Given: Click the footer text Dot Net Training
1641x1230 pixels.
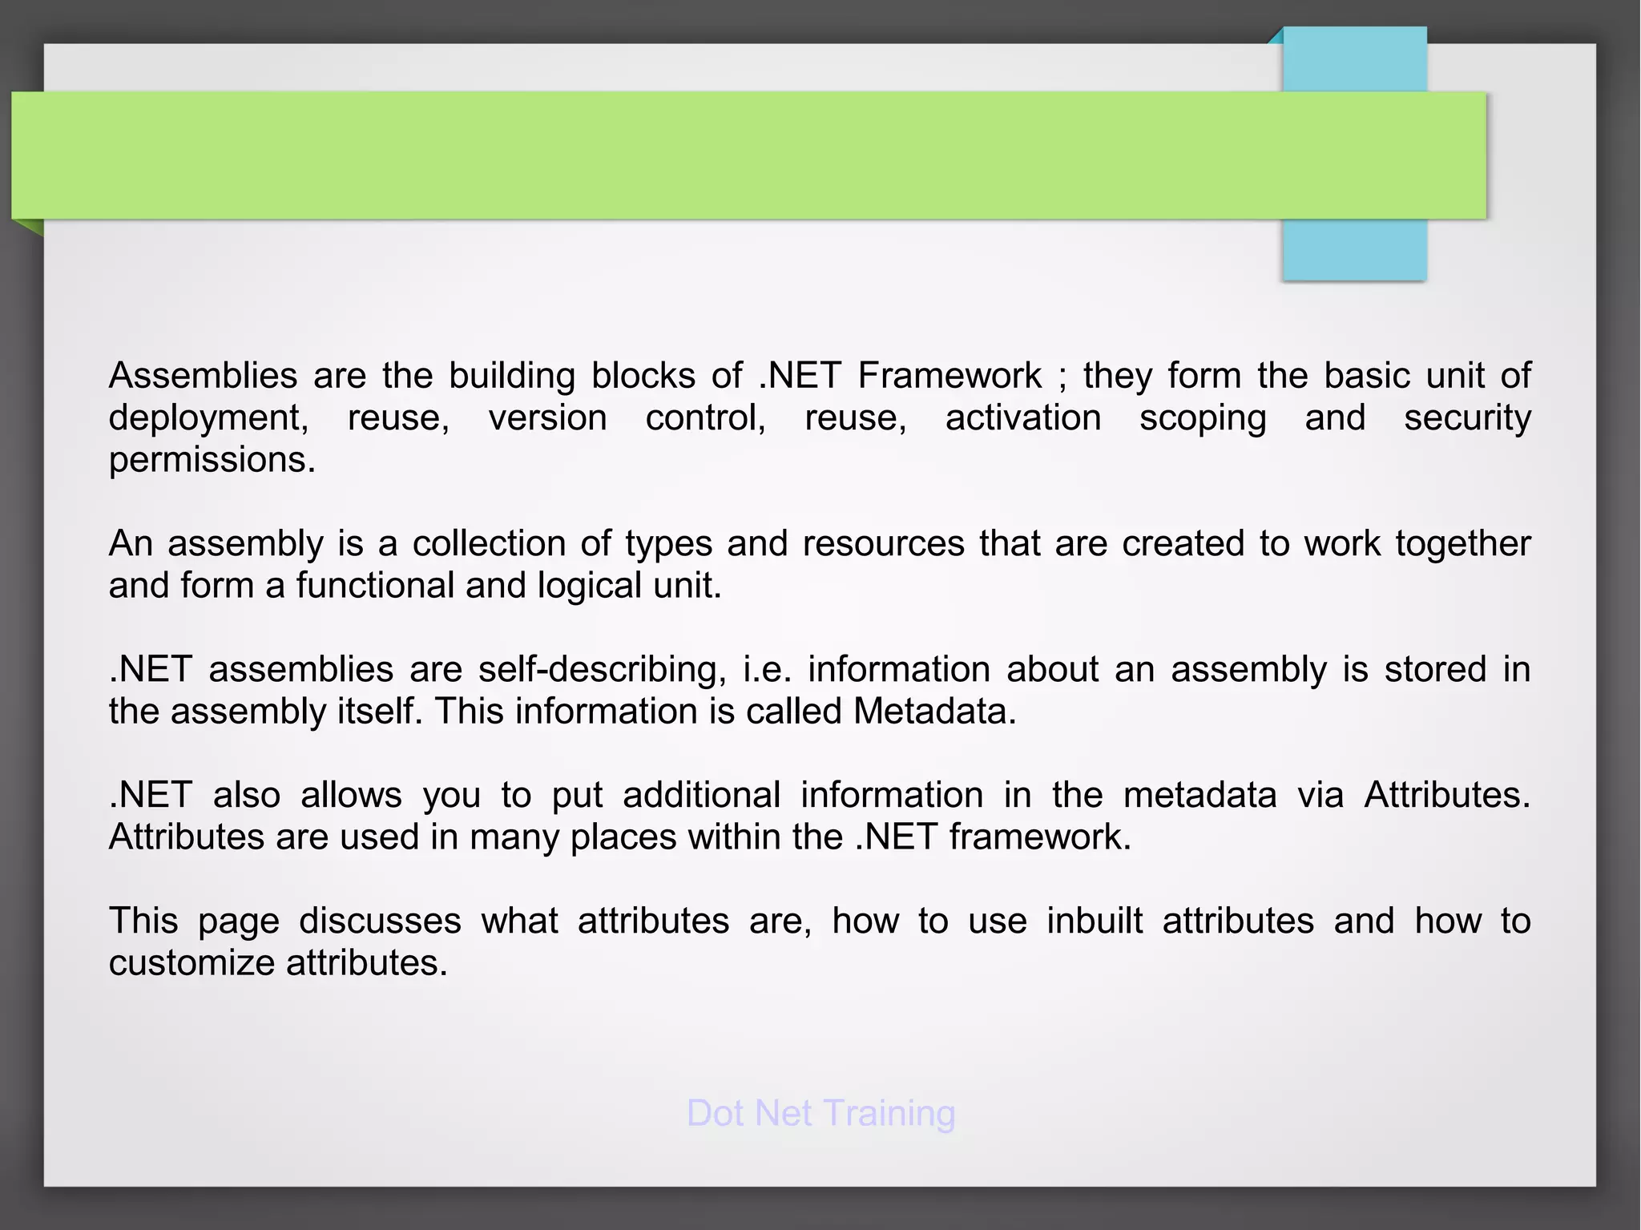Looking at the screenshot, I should [820, 1113].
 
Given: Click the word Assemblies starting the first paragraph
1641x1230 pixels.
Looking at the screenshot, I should [203, 376].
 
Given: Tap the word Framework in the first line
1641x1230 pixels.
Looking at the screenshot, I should [949, 376].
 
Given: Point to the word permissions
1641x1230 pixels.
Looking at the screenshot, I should [212, 460].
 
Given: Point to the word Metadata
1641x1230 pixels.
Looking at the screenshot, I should [934, 712].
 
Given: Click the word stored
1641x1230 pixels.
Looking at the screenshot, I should [1435, 669].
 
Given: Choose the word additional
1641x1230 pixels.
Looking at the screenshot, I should [701, 795].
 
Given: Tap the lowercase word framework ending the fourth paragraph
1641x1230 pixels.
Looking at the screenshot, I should [1039, 837].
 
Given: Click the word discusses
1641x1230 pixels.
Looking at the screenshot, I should [380, 921].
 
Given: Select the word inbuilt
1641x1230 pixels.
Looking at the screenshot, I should [1095, 921].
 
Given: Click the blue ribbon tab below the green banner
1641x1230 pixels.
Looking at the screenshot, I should [1354, 250].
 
